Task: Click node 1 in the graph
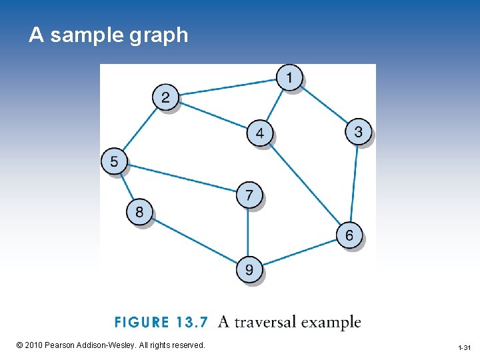click(289, 77)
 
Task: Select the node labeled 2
click(165, 97)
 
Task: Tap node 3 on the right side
click(358, 131)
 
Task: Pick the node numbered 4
click(259, 133)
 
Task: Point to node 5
click(114, 161)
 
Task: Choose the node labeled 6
click(349, 235)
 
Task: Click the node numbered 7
click(249, 195)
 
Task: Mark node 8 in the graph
click(139, 212)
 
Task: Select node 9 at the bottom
click(249, 269)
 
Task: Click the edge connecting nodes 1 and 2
click(227, 87)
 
